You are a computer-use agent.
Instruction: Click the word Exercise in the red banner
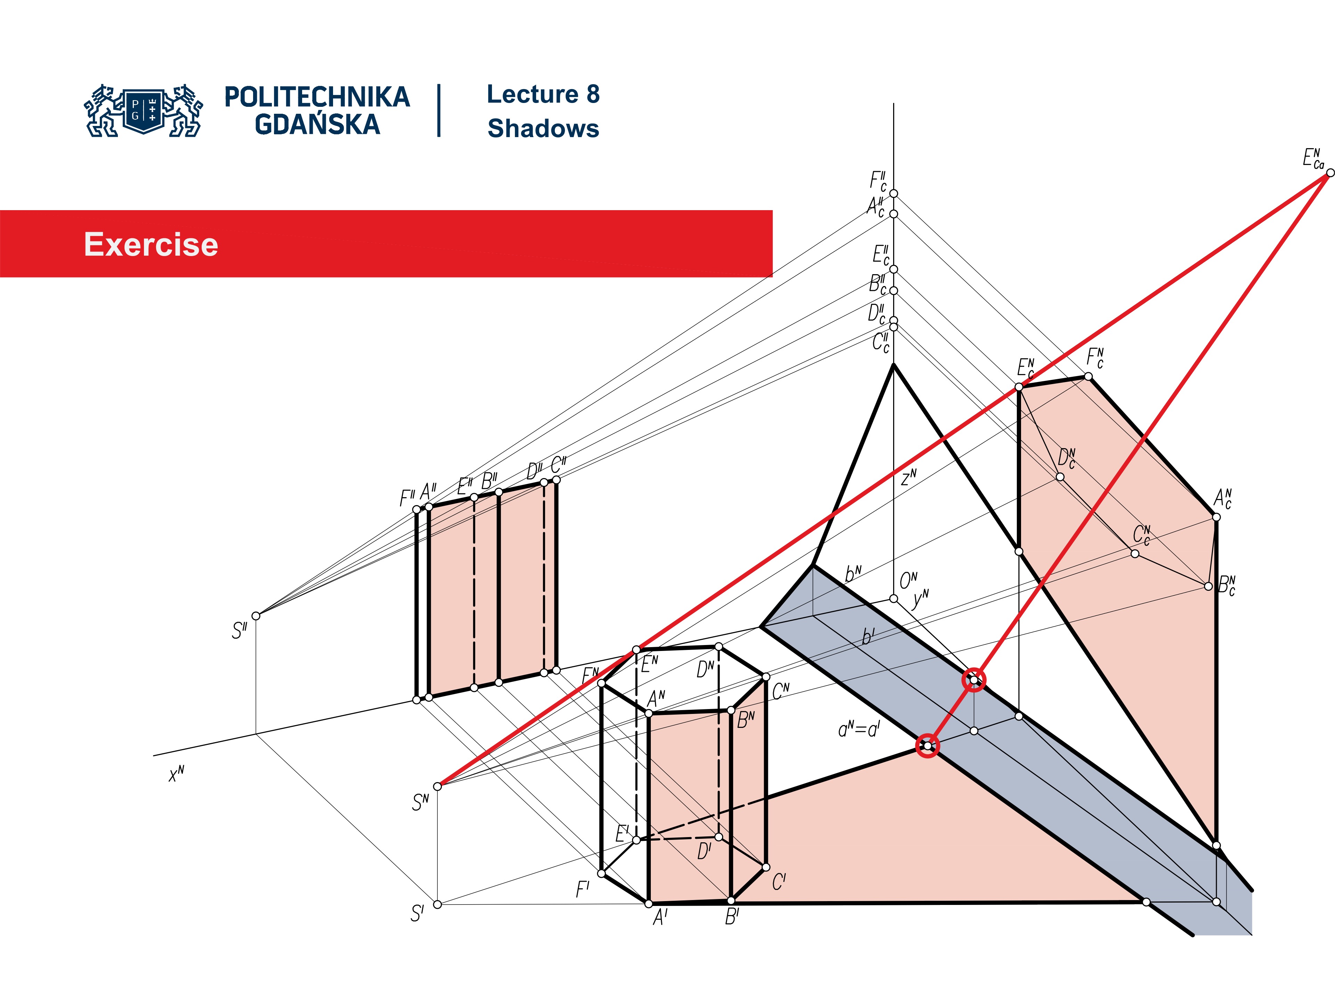coord(151,245)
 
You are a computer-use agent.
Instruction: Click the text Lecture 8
coord(543,94)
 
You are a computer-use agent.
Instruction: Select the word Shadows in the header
coord(543,129)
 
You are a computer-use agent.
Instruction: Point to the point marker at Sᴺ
coord(438,786)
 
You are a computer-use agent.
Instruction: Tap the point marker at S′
coord(438,904)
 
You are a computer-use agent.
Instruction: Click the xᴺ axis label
coord(176,774)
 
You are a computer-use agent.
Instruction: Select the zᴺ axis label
coord(908,478)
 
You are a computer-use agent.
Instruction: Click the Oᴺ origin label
coord(908,580)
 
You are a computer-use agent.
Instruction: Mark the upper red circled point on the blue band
coord(973,680)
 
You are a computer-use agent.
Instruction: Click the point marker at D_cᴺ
coord(1060,477)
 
